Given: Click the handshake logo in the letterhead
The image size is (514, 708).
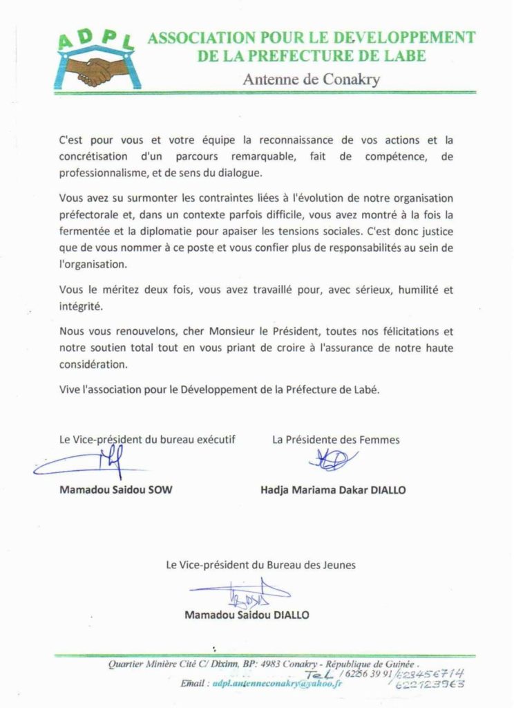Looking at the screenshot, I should (x=96, y=68).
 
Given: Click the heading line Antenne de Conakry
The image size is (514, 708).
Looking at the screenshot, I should (x=312, y=79).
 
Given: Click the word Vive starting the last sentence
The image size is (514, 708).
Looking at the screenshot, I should (x=70, y=389).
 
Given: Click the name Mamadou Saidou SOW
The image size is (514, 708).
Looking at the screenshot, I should (x=115, y=490).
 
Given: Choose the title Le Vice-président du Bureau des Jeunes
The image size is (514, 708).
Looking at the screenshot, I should (x=260, y=565).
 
